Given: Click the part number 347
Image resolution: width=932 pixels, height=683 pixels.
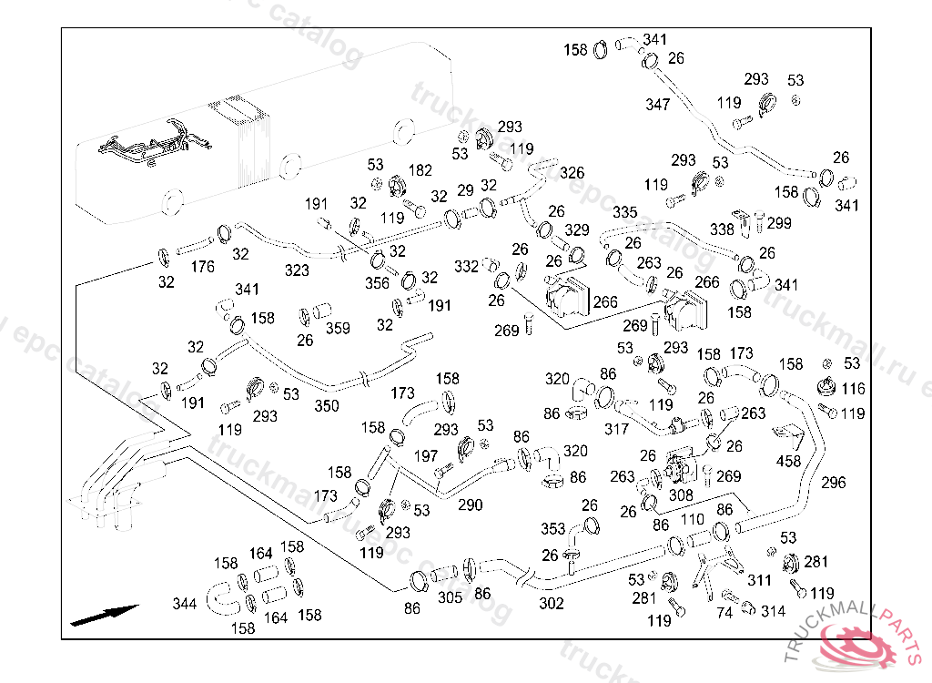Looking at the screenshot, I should [658, 105].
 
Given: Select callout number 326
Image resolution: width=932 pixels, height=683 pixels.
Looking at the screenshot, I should [572, 172].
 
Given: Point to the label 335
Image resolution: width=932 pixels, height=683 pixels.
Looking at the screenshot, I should [625, 212].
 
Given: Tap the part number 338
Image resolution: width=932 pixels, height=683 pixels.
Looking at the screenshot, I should [722, 229].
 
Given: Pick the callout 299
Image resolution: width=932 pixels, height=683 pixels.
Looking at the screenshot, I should [779, 223].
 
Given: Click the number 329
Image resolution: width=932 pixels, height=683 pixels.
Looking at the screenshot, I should [577, 230].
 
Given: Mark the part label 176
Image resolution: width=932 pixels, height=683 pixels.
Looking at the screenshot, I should [203, 267].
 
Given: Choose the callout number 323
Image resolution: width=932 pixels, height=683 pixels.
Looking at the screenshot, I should [297, 270].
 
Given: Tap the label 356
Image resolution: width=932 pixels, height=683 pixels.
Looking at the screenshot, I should [378, 283].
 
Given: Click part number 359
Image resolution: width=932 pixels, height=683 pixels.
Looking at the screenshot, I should [339, 329].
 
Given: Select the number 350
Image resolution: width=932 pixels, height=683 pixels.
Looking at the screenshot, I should [327, 406].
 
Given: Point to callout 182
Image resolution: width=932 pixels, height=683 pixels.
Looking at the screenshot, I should [420, 170].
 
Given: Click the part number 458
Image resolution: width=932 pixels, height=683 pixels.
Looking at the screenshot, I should [788, 461].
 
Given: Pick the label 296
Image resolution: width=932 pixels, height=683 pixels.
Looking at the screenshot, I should [833, 482].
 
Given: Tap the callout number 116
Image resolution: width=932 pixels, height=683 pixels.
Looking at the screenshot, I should [853, 389].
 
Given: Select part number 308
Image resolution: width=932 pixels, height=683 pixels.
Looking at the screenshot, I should [681, 495].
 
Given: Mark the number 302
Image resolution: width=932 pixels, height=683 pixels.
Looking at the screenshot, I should [552, 603].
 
